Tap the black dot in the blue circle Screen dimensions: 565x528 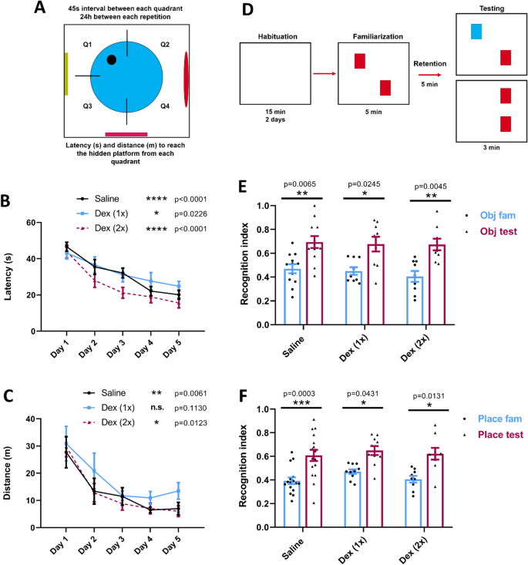tap(112, 59)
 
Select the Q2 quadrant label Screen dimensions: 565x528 tap(165, 45)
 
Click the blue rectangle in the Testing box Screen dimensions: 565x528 tap(476, 31)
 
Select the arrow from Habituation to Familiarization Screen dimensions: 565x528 tap(324, 74)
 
